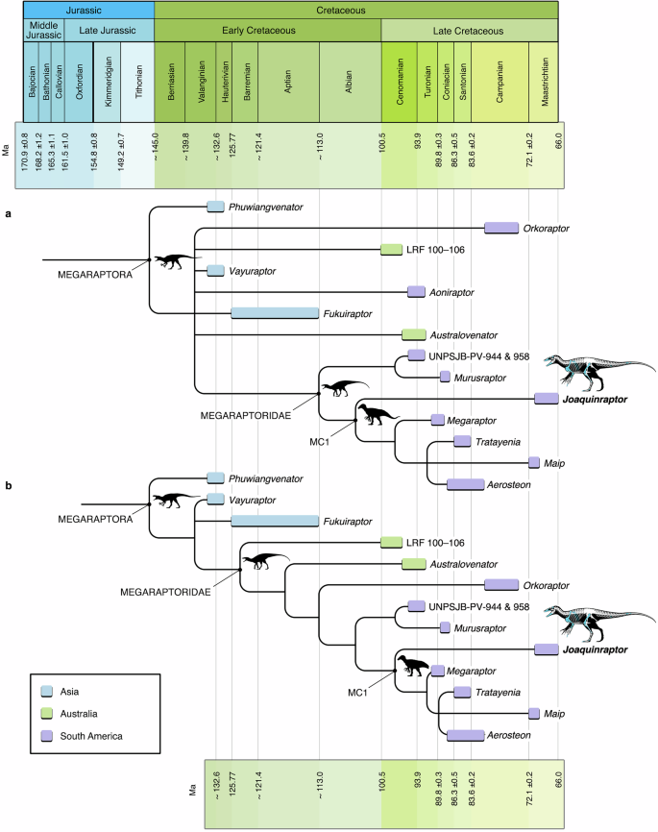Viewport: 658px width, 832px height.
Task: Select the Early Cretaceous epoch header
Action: coord(267,31)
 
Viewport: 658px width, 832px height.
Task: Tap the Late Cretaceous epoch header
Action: coord(456,31)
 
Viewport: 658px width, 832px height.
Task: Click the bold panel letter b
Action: coord(9,486)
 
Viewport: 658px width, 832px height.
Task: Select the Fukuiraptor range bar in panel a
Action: coord(275,313)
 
